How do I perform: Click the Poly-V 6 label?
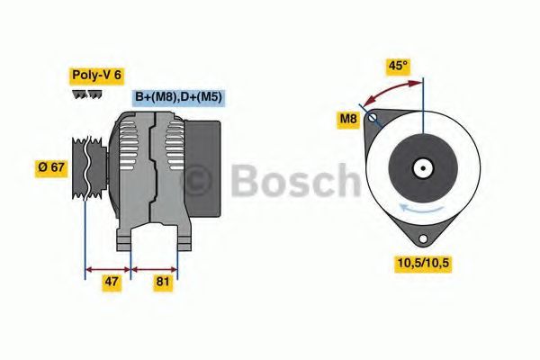pos(94,75)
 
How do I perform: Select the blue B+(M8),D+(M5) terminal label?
pos(177,97)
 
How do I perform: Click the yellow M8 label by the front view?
pos(348,118)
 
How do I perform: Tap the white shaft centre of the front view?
pos(421,168)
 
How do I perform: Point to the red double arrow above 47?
pos(108,268)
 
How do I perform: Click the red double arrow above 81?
pos(155,268)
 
